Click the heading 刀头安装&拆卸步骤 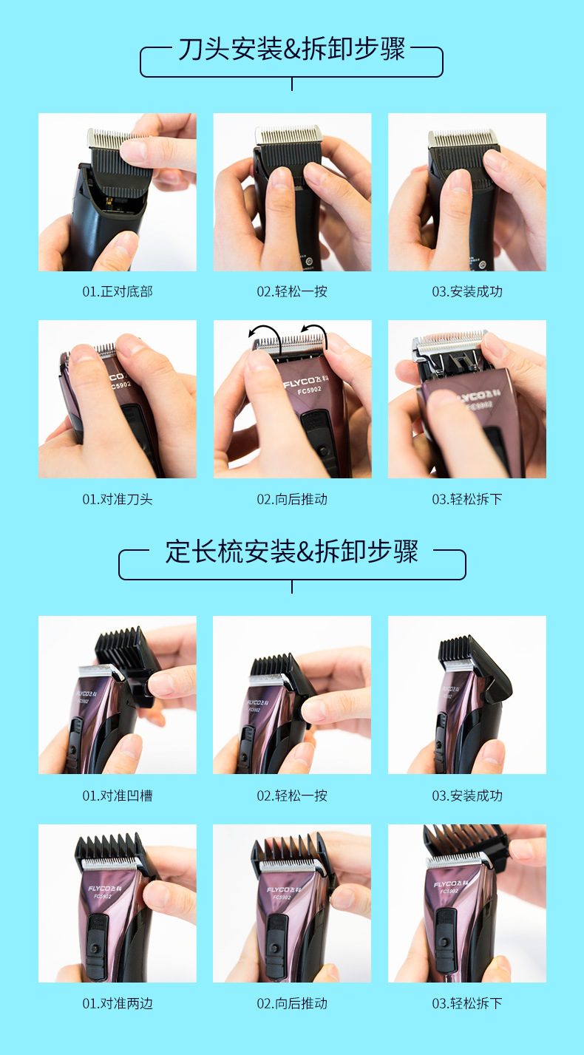(291, 50)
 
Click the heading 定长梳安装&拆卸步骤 (291, 552)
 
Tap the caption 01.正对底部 (117, 291)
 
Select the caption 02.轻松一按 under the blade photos (292, 291)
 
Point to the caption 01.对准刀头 (117, 499)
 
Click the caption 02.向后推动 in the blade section (292, 499)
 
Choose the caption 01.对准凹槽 (117, 796)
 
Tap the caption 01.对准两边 (117, 1003)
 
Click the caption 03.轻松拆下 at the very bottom (466, 1003)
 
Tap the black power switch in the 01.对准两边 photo (94, 939)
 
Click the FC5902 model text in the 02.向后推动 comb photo (280, 898)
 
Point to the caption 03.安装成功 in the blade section (466, 291)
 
